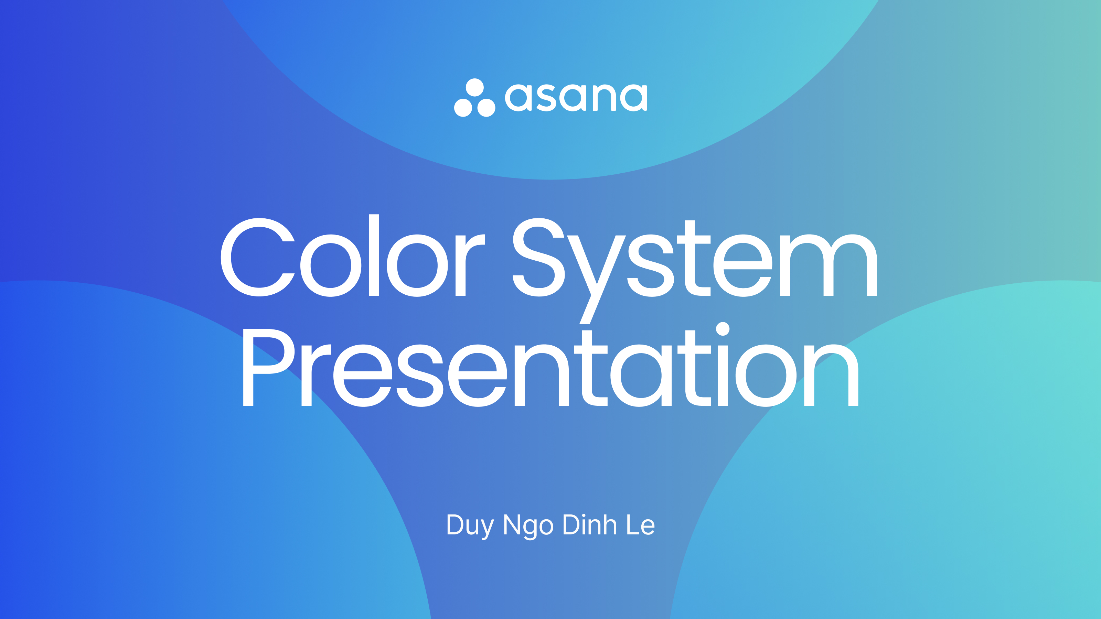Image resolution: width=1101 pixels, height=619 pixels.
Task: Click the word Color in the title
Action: point(353,256)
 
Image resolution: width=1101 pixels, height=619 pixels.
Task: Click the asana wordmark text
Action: point(576,97)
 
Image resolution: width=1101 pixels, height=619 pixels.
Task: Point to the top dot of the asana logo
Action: point(474,88)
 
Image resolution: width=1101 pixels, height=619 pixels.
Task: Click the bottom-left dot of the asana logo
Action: point(463,107)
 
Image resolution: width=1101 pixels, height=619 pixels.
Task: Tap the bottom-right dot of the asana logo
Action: point(486,107)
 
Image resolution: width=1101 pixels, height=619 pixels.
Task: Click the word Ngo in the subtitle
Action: point(528,526)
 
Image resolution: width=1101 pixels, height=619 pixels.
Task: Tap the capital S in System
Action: point(538,257)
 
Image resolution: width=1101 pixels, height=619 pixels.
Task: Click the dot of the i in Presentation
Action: point(722,329)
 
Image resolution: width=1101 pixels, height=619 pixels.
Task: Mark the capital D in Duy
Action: point(456,524)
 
